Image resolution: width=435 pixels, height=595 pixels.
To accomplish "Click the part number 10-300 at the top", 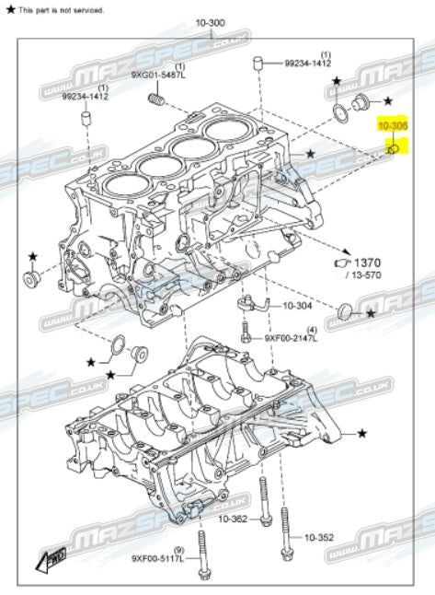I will click(210, 22).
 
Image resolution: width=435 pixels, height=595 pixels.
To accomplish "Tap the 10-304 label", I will click(297, 306).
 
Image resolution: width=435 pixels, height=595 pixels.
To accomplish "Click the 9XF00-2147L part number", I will click(291, 339).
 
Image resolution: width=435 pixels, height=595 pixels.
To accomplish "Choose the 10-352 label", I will click(319, 537).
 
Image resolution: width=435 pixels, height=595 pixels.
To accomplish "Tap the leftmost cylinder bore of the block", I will click(121, 184).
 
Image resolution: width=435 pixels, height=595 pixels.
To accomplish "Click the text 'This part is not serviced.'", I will click(61, 9).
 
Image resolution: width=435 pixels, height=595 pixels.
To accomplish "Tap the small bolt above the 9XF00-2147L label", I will click(246, 330).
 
